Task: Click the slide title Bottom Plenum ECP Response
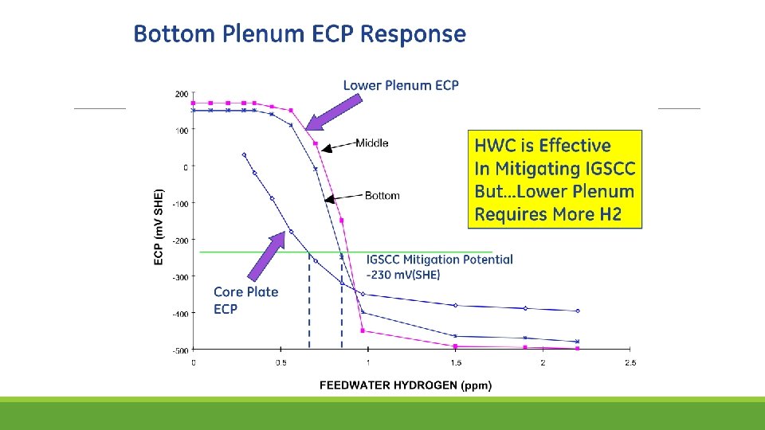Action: [300, 34]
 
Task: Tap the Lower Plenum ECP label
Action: [401, 85]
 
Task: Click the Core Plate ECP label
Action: [246, 300]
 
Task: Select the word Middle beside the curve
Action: [372, 143]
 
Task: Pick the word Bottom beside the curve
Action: [382, 196]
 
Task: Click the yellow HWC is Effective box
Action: [555, 179]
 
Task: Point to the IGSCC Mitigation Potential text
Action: [440, 260]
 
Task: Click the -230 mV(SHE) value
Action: [403, 275]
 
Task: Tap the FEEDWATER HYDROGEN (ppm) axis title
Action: [406, 385]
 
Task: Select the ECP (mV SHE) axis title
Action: [159, 227]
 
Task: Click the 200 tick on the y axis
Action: [182, 94]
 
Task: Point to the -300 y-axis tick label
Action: [180, 277]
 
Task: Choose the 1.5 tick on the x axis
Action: [456, 363]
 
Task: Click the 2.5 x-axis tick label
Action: [630, 363]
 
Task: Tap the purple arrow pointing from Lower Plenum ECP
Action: [334, 112]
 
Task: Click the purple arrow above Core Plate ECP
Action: [266, 256]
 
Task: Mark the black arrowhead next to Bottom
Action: [329, 199]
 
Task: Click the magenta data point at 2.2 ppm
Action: [578, 349]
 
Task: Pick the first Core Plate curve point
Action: [244, 155]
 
